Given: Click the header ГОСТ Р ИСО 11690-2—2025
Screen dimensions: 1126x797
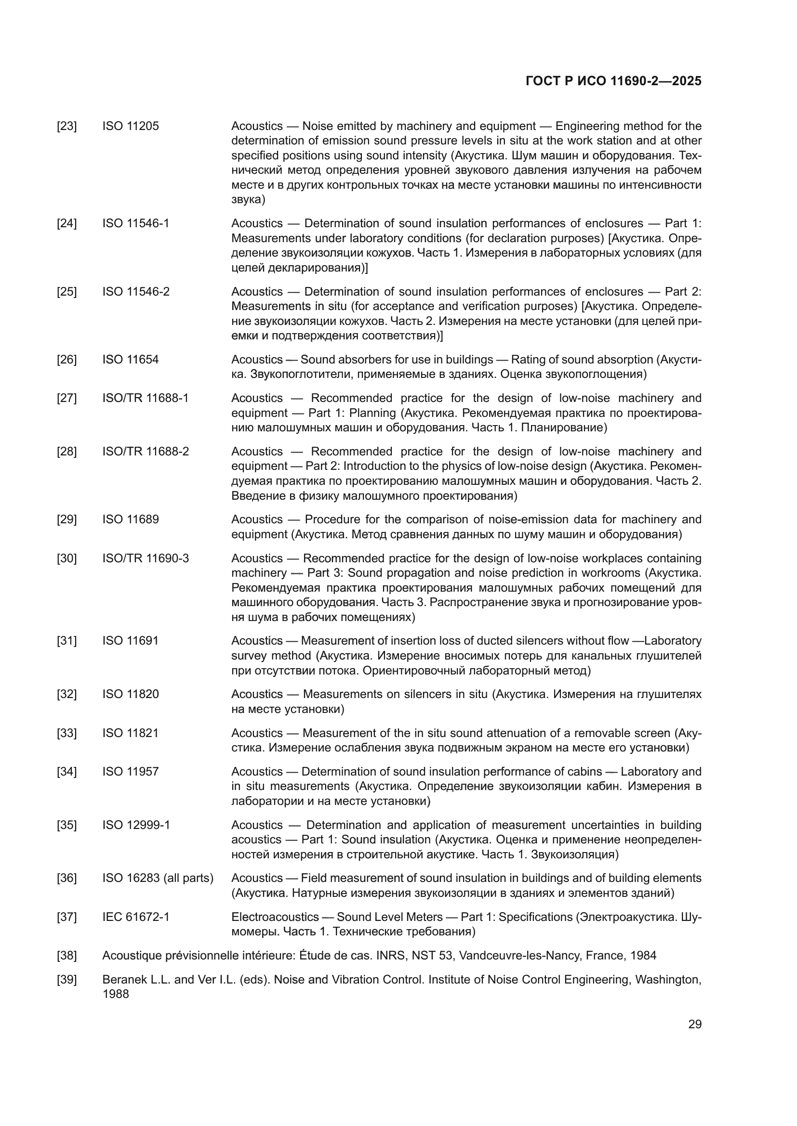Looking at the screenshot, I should [x=613, y=81].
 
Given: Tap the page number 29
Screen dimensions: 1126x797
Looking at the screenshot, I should [x=694, y=1024].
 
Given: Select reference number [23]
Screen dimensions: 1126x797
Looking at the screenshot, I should [x=67, y=127].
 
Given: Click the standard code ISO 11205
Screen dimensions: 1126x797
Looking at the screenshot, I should [x=131, y=127].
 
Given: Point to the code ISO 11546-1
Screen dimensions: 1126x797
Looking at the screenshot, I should [x=135, y=224].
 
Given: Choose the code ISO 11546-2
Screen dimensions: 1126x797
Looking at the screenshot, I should [x=135, y=292].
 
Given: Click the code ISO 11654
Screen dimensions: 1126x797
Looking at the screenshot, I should [x=131, y=360].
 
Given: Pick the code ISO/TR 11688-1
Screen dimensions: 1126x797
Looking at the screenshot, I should [x=145, y=398].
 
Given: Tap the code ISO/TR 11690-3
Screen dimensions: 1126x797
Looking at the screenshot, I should [x=145, y=558].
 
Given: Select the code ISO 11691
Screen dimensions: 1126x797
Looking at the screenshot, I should [x=131, y=640].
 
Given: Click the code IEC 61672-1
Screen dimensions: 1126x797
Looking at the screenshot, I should [x=135, y=917].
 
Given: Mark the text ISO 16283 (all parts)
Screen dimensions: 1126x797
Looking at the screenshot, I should [x=158, y=878].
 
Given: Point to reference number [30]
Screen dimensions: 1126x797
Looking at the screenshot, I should [x=67, y=558].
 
